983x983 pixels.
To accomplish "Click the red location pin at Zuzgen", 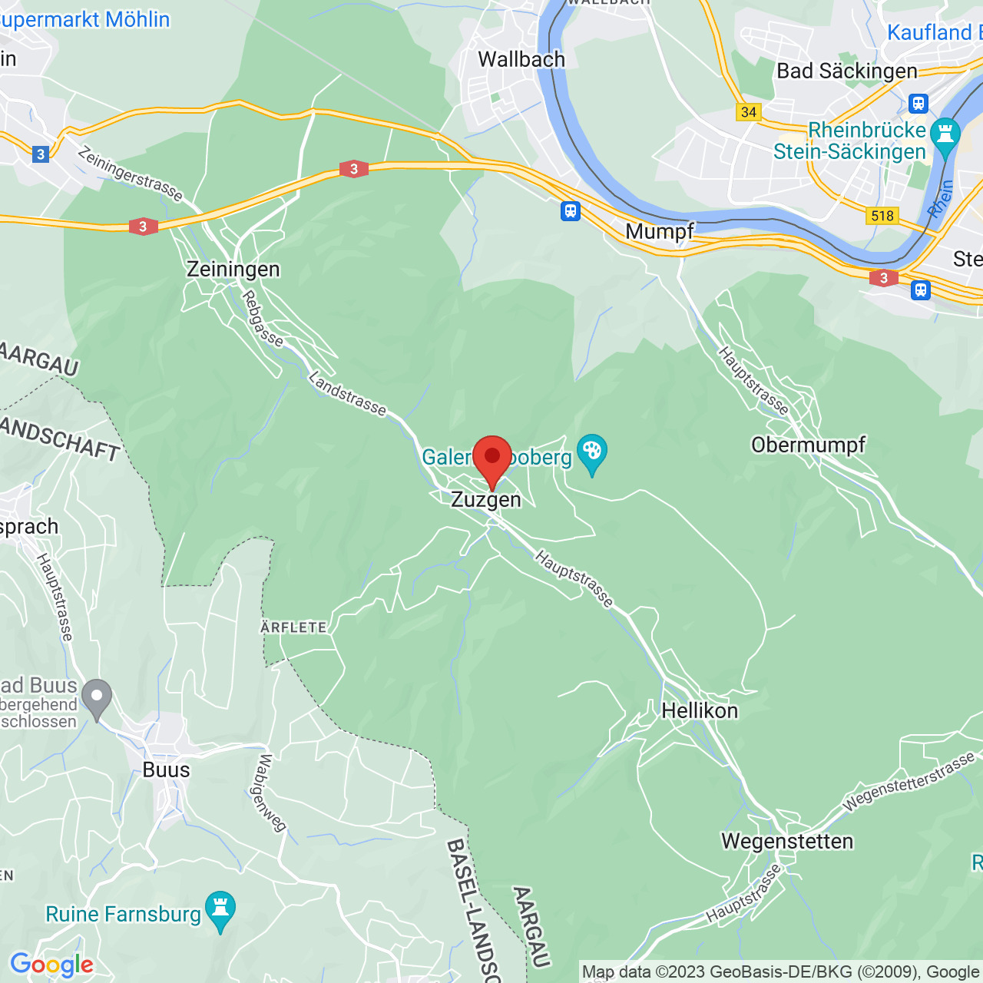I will [x=491, y=458].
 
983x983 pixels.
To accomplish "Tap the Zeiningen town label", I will [x=233, y=270].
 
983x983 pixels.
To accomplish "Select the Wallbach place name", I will [x=521, y=59].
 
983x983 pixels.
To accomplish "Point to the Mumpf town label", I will [x=659, y=231].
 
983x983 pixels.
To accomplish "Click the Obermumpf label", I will [x=808, y=445].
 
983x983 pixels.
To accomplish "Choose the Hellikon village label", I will [x=699, y=710].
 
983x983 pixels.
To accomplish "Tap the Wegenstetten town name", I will [x=786, y=842].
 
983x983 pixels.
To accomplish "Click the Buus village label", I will [x=166, y=770].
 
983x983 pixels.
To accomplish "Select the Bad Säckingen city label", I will [x=846, y=71].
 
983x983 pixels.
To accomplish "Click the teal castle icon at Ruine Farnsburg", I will [x=220, y=909].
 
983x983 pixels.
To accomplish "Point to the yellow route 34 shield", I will [x=748, y=112].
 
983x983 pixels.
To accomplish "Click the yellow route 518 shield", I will [x=882, y=216].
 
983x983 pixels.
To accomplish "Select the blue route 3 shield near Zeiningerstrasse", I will [x=41, y=154].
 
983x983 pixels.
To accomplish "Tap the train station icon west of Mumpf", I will [x=570, y=210].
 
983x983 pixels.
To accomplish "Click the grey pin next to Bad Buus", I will [x=97, y=698].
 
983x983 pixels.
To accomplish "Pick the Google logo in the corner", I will [x=51, y=965].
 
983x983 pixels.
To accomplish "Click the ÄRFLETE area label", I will [x=293, y=627].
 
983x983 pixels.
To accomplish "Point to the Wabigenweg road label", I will [x=268, y=793].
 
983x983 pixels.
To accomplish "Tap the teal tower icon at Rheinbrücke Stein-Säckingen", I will [x=945, y=134].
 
